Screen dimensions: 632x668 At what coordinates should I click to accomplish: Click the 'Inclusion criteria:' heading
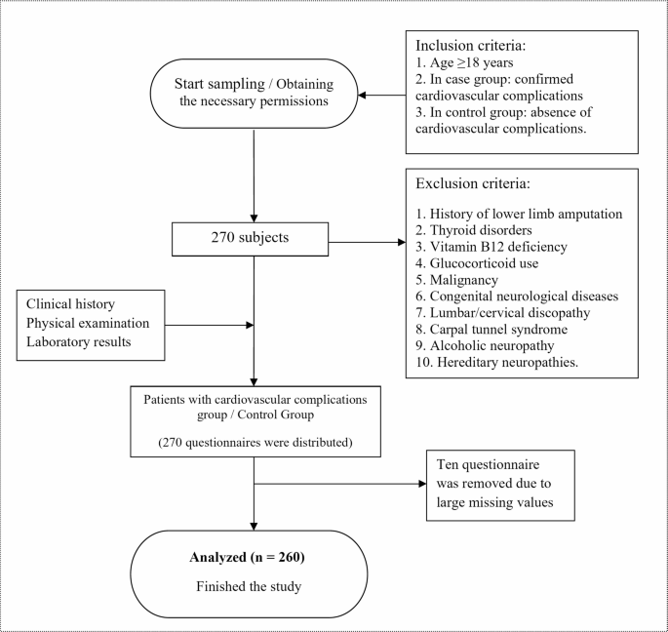tap(472, 46)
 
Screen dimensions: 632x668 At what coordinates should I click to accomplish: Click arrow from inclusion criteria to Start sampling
tap(382, 97)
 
